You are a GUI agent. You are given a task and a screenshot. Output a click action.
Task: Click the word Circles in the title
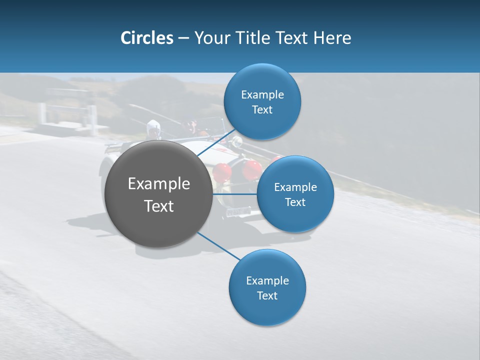click(146, 38)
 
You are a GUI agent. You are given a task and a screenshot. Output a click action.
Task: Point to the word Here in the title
click(332, 38)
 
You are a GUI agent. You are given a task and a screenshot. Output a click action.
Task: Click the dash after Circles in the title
click(183, 38)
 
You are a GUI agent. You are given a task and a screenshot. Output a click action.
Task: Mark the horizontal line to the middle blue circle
click(234, 194)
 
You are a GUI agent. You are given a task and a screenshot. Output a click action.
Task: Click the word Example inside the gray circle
click(159, 184)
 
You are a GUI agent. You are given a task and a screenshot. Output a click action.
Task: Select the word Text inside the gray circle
click(159, 206)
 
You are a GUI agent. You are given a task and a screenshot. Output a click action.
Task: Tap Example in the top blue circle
click(262, 94)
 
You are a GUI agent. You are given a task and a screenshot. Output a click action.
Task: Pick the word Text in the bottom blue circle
click(267, 295)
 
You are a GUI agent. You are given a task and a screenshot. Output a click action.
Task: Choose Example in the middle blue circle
click(295, 187)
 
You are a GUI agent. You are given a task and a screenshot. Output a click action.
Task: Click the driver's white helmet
click(153, 127)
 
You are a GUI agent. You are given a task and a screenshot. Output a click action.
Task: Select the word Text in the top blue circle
click(262, 109)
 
